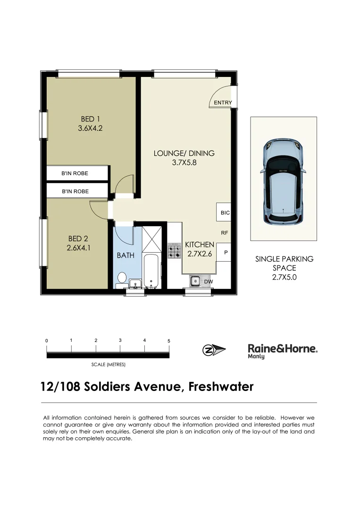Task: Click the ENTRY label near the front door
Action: tap(223, 102)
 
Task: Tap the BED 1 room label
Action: tap(90, 119)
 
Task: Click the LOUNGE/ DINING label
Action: tap(184, 153)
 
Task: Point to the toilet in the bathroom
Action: tap(122, 278)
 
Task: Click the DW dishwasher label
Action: tap(208, 282)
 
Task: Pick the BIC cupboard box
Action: tap(225, 213)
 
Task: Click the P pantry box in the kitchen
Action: tap(226, 253)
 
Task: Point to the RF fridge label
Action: tap(225, 233)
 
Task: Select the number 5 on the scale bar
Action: tap(168, 340)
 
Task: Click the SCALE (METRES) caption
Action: tap(108, 365)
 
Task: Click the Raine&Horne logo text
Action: tap(282, 348)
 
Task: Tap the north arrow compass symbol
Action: tap(214, 350)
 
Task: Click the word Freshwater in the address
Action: tap(221, 387)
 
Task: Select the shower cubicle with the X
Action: tap(152, 238)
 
